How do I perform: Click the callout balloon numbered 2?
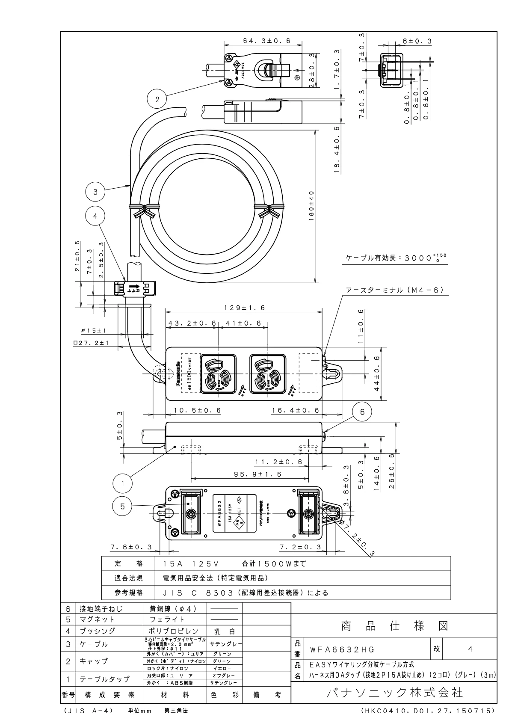[157, 100]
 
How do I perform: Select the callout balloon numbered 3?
[95, 192]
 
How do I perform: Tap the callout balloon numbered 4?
[95, 216]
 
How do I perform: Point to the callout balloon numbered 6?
[362, 412]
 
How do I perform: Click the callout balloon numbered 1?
[123, 484]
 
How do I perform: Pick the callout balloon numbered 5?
[123, 506]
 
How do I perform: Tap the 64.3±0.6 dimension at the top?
[267, 41]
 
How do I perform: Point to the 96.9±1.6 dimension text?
[257, 474]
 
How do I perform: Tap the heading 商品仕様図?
[394, 626]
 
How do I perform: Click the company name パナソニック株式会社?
[394, 692]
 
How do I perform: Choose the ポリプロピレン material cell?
[174, 631]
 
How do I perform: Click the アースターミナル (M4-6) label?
[394, 290]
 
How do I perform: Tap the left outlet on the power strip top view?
[218, 373]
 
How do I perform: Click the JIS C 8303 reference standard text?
[246, 593]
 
